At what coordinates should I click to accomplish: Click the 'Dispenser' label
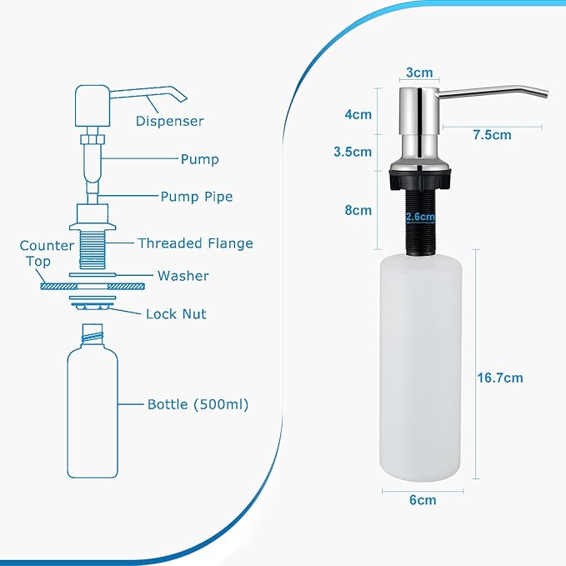click(169, 122)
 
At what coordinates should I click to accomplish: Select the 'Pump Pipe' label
click(197, 197)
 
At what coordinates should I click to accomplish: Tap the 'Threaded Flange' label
click(195, 243)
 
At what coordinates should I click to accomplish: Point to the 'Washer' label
click(183, 276)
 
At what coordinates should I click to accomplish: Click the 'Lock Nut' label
click(176, 314)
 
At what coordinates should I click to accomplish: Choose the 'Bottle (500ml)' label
click(198, 404)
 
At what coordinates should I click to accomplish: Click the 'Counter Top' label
click(35, 253)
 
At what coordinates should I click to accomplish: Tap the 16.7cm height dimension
click(500, 378)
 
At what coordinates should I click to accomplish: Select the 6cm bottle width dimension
click(422, 500)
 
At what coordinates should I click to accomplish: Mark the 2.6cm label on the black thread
click(420, 217)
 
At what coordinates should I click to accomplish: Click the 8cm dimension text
click(359, 210)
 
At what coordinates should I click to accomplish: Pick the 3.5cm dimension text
click(353, 152)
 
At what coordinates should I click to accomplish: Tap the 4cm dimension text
click(359, 114)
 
